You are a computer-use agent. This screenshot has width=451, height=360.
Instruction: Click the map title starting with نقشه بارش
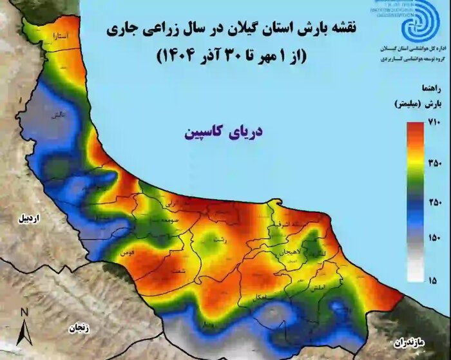pyautogui.click(x=228, y=30)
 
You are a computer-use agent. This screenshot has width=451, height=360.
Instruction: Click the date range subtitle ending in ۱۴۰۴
pyautogui.click(x=228, y=55)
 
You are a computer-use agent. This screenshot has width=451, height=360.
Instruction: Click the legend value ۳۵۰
pyautogui.click(x=434, y=164)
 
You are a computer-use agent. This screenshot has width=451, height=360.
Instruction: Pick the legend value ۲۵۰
pyautogui.click(x=434, y=203)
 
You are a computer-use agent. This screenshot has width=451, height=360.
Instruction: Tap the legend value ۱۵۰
pyautogui.click(x=434, y=240)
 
